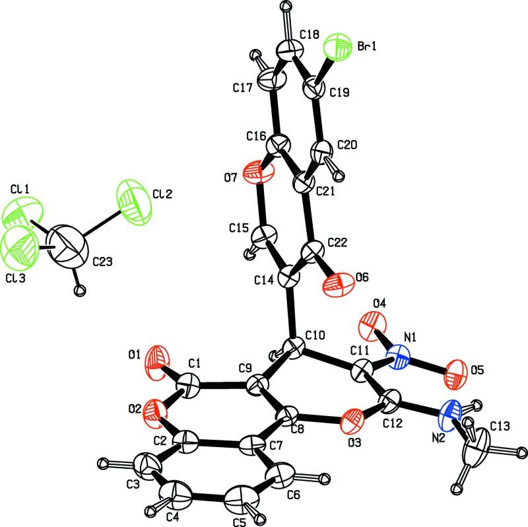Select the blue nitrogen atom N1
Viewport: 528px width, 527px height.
401,361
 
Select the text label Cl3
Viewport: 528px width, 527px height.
15,278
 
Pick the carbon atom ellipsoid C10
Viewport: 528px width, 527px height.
294,346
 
